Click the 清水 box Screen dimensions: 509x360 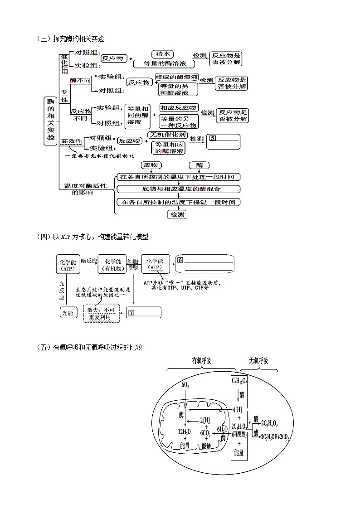coord(162,53)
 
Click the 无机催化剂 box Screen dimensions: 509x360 coord(167,135)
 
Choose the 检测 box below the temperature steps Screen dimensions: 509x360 coord(177,214)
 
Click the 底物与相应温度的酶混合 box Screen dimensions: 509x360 coord(178,189)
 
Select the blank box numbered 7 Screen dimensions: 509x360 coord(144,312)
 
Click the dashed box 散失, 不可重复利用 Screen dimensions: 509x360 coord(101,313)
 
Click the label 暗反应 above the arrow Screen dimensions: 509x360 coord(89,261)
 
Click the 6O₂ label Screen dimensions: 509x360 coord(185,385)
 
